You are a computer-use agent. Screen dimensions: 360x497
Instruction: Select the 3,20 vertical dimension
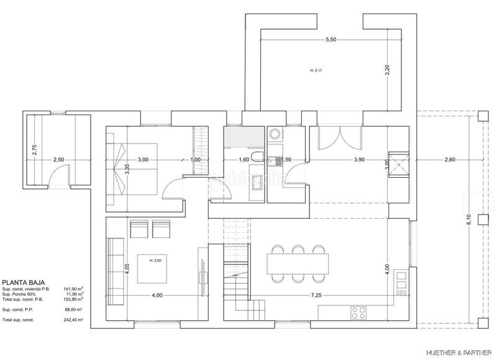[387, 70]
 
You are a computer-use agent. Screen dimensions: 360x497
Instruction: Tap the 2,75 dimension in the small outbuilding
[35, 150]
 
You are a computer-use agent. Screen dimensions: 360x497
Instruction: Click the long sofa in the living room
[114, 267]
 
